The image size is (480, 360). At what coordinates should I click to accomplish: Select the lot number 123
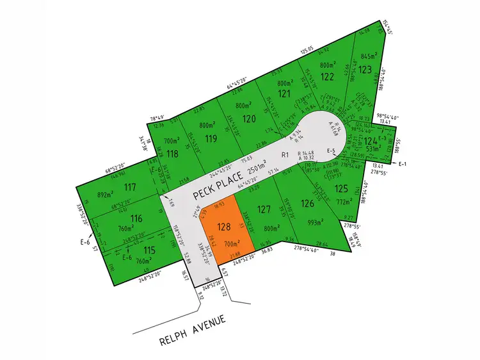click(x=365, y=69)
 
